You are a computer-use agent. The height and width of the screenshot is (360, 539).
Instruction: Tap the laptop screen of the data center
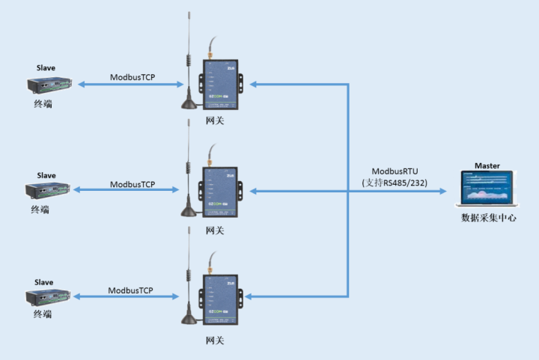point(487,188)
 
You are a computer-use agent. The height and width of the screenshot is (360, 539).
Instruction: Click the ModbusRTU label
point(394,171)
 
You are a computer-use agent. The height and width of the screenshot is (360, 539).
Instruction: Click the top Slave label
point(46,67)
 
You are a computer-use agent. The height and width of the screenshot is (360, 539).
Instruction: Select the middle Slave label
point(46,175)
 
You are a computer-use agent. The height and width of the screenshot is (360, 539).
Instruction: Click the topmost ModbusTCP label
point(133,77)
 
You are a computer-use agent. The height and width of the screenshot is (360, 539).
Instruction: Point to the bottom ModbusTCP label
point(130,290)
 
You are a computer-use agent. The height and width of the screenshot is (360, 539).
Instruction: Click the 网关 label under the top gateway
point(215,120)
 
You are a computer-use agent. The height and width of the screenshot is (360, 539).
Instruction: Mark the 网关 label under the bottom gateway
point(215,341)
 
